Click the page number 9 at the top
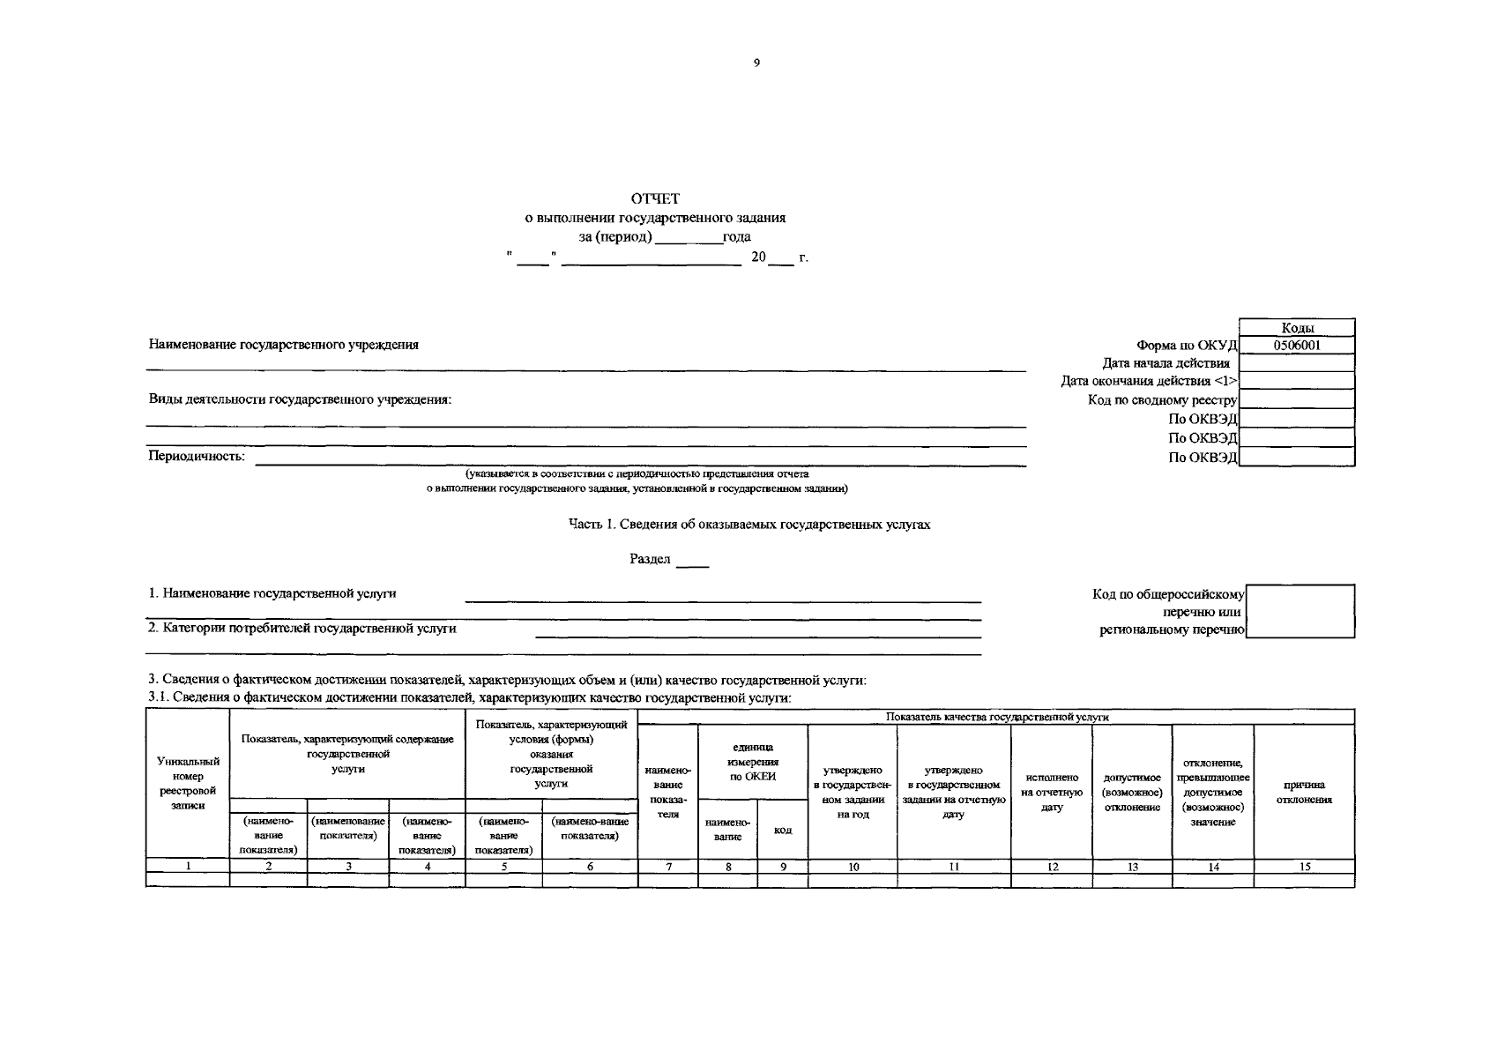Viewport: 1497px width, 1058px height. click(x=756, y=63)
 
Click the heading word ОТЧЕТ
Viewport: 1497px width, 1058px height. click(x=654, y=198)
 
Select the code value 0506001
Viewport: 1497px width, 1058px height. click(x=1297, y=346)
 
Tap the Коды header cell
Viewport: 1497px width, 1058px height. click(x=1297, y=328)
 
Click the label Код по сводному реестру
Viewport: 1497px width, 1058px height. click(x=1162, y=400)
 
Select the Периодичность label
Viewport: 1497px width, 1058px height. click(x=197, y=457)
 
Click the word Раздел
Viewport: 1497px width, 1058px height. click(x=650, y=559)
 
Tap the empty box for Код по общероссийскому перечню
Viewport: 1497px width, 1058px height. click(x=1301, y=611)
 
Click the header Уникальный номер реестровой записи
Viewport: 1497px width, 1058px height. click(x=188, y=783)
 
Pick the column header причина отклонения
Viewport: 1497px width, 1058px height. click(x=1304, y=792)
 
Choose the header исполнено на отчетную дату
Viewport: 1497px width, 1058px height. click(x=1052, y=792)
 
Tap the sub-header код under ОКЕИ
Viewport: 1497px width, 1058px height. click(x=782, y=830)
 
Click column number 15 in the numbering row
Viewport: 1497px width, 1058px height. click(x=1305, y=867)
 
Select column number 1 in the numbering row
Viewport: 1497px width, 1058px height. click(x=188, y=867)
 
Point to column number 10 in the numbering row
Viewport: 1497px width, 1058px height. click(x=853, y=867)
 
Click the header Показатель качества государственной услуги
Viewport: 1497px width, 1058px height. click(x=996, y=717)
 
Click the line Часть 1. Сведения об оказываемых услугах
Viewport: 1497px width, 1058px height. click(x=748, y=525)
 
